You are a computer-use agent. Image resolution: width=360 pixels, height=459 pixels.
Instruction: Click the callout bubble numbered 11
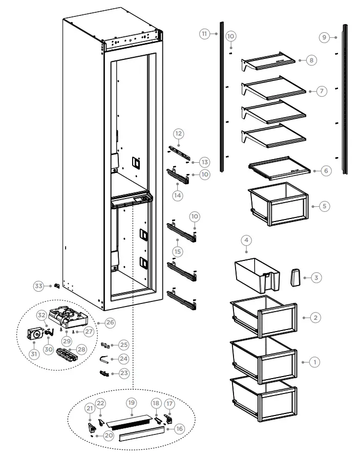(204, 34)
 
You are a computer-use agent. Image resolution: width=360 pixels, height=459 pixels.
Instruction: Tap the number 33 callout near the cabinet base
(38, 286)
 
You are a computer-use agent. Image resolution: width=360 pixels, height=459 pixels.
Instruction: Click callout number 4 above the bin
(246, 239)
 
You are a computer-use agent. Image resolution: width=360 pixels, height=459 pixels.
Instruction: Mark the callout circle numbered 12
(178, 134)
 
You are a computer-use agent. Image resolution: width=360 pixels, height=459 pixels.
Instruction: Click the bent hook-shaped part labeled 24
(104, 360)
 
